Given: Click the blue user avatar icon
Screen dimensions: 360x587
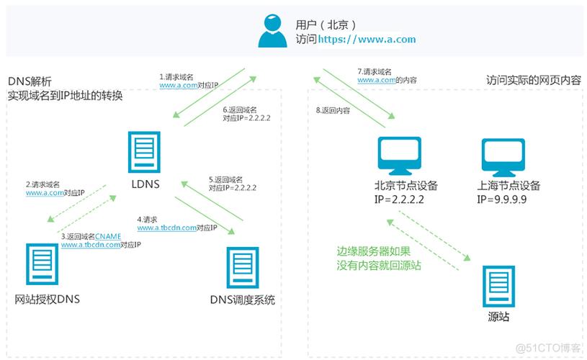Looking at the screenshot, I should (272, 32).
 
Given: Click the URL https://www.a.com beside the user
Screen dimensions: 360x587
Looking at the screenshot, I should (367, 40).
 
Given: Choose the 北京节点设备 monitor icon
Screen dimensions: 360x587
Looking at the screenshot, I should (401, 156).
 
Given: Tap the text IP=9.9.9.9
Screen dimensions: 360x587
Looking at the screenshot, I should (501, 199).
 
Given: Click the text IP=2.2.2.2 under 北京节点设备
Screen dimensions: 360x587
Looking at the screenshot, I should (400, 199).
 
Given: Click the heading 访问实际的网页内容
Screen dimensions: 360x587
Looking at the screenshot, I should (533, 81).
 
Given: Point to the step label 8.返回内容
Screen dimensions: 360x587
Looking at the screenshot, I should (333, 111).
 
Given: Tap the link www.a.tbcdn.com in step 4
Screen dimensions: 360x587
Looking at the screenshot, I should (167, 228).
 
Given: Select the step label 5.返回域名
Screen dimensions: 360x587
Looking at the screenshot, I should (225, 179).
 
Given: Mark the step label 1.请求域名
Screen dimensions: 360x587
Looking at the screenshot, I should (176, 76).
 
